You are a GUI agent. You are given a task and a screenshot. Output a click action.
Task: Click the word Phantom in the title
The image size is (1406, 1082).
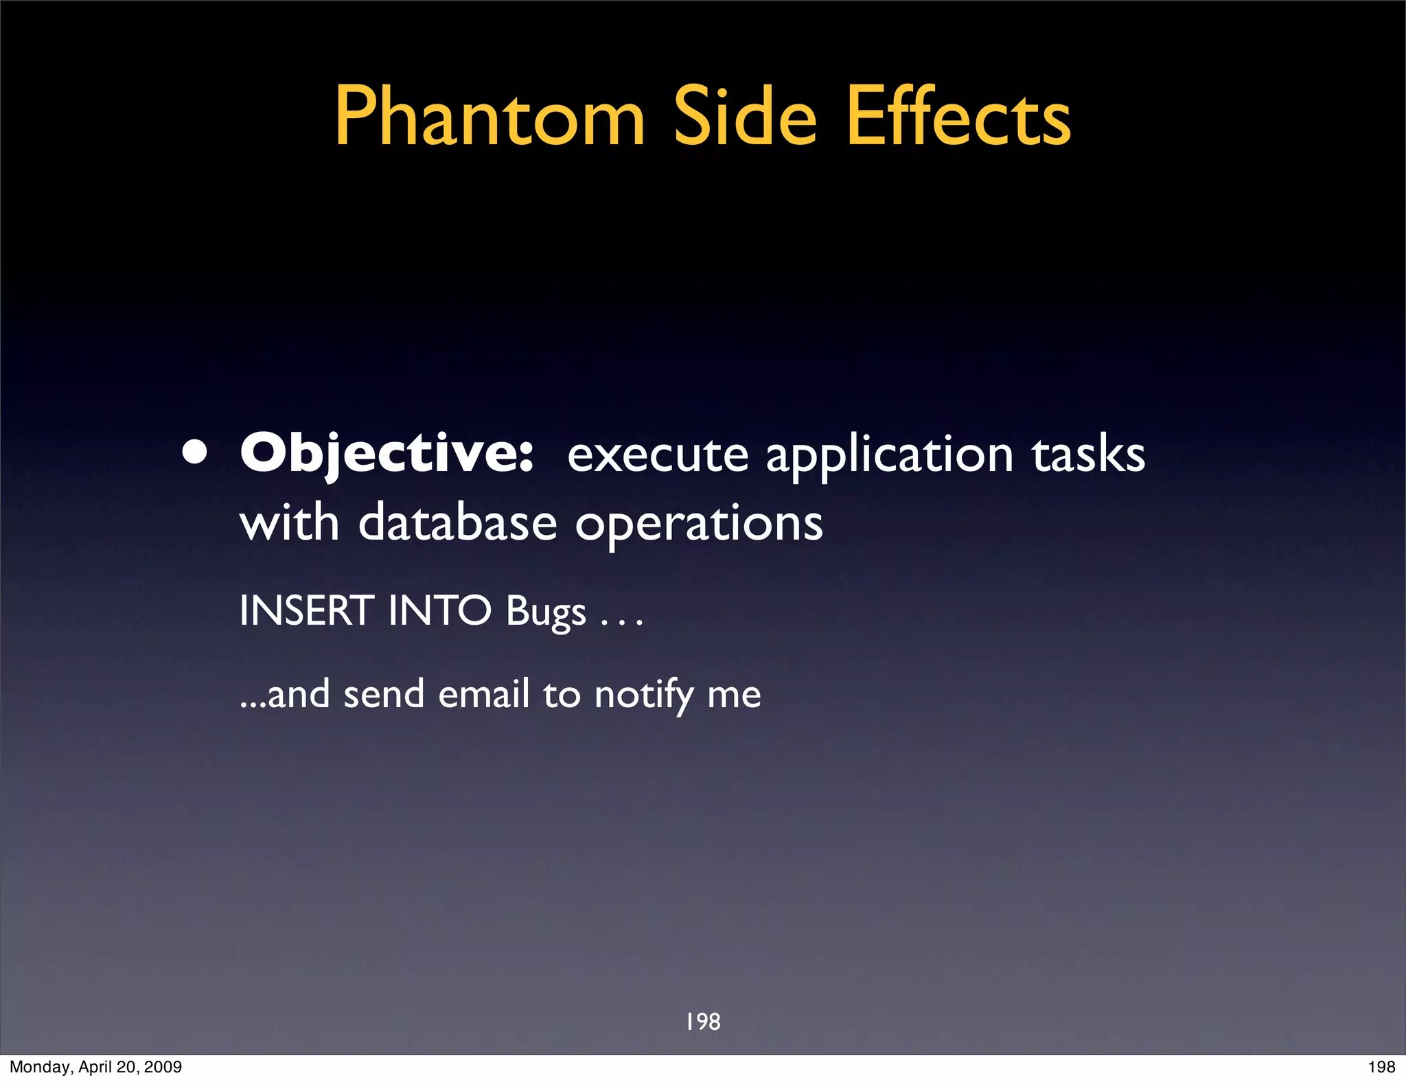(489, 117)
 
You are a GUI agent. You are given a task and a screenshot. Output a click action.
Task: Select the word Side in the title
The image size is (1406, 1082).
(745, 117)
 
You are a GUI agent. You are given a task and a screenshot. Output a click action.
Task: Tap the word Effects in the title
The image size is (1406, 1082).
(958, 117)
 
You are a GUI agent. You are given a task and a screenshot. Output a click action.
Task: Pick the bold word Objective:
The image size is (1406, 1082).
(387, 454)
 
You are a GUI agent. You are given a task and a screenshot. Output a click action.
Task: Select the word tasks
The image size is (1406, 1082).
(1088, 454)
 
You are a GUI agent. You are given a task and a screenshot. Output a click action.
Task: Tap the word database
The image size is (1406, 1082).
(457, 523)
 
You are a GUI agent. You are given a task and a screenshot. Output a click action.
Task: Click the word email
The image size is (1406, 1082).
(483, 694)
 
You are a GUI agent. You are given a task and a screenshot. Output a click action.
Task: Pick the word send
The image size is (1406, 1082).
(383, 694)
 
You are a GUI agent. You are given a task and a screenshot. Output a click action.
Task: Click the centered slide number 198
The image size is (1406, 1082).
(703, 1022)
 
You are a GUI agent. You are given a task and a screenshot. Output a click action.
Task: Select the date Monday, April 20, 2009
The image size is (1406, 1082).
(95, 1067)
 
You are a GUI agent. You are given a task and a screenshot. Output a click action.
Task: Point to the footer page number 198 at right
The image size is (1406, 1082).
(1381, 1067)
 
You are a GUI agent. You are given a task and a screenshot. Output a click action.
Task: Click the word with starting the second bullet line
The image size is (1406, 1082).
(289, 523)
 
